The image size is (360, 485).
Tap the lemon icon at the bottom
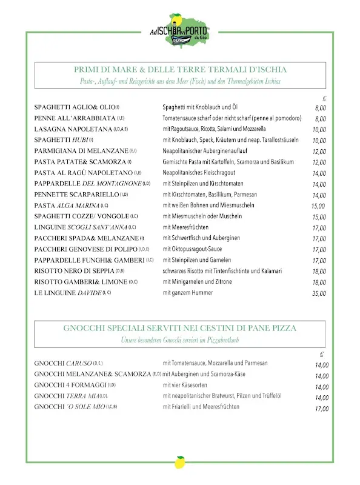[179, 464]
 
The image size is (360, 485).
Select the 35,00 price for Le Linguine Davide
[319, 293]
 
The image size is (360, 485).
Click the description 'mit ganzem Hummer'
[188, 293]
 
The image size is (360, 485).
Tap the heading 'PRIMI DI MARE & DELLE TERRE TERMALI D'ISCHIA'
[180, 70]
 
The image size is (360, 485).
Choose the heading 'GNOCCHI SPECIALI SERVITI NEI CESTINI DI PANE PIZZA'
[180, 328]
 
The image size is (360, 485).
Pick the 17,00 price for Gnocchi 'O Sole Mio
[321, 409]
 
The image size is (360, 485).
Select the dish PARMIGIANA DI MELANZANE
[81, 151]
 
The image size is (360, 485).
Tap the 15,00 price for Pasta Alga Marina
[318, 206]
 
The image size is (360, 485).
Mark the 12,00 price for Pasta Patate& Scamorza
[319, 162]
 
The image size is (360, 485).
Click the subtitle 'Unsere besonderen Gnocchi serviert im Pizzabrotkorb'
[180, 339]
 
